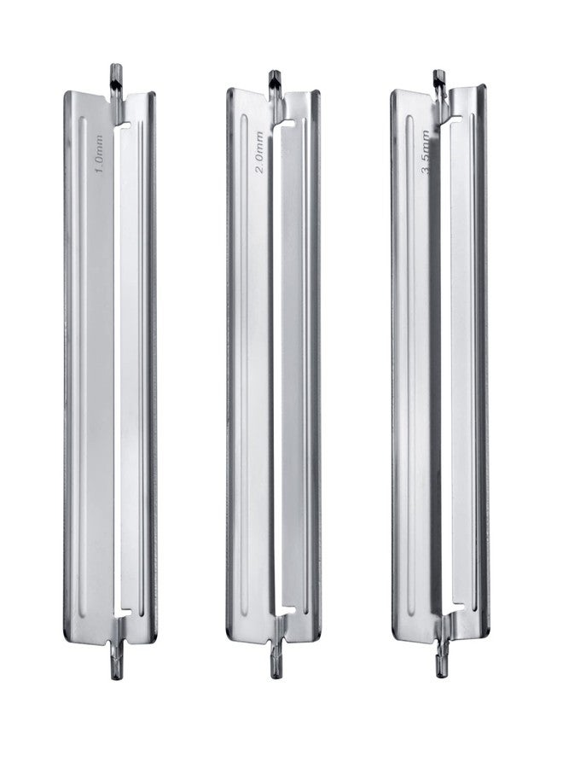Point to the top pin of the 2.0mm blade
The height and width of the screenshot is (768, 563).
click(275, 80)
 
